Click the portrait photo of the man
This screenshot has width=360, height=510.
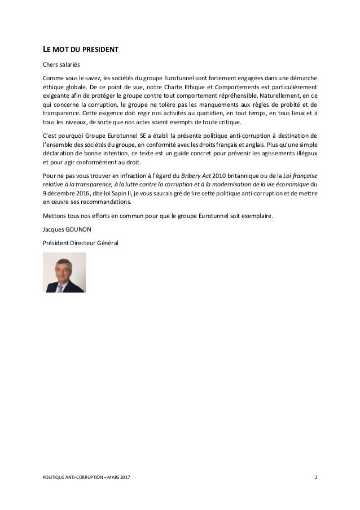pyautogui.click(x=65, y=273)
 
